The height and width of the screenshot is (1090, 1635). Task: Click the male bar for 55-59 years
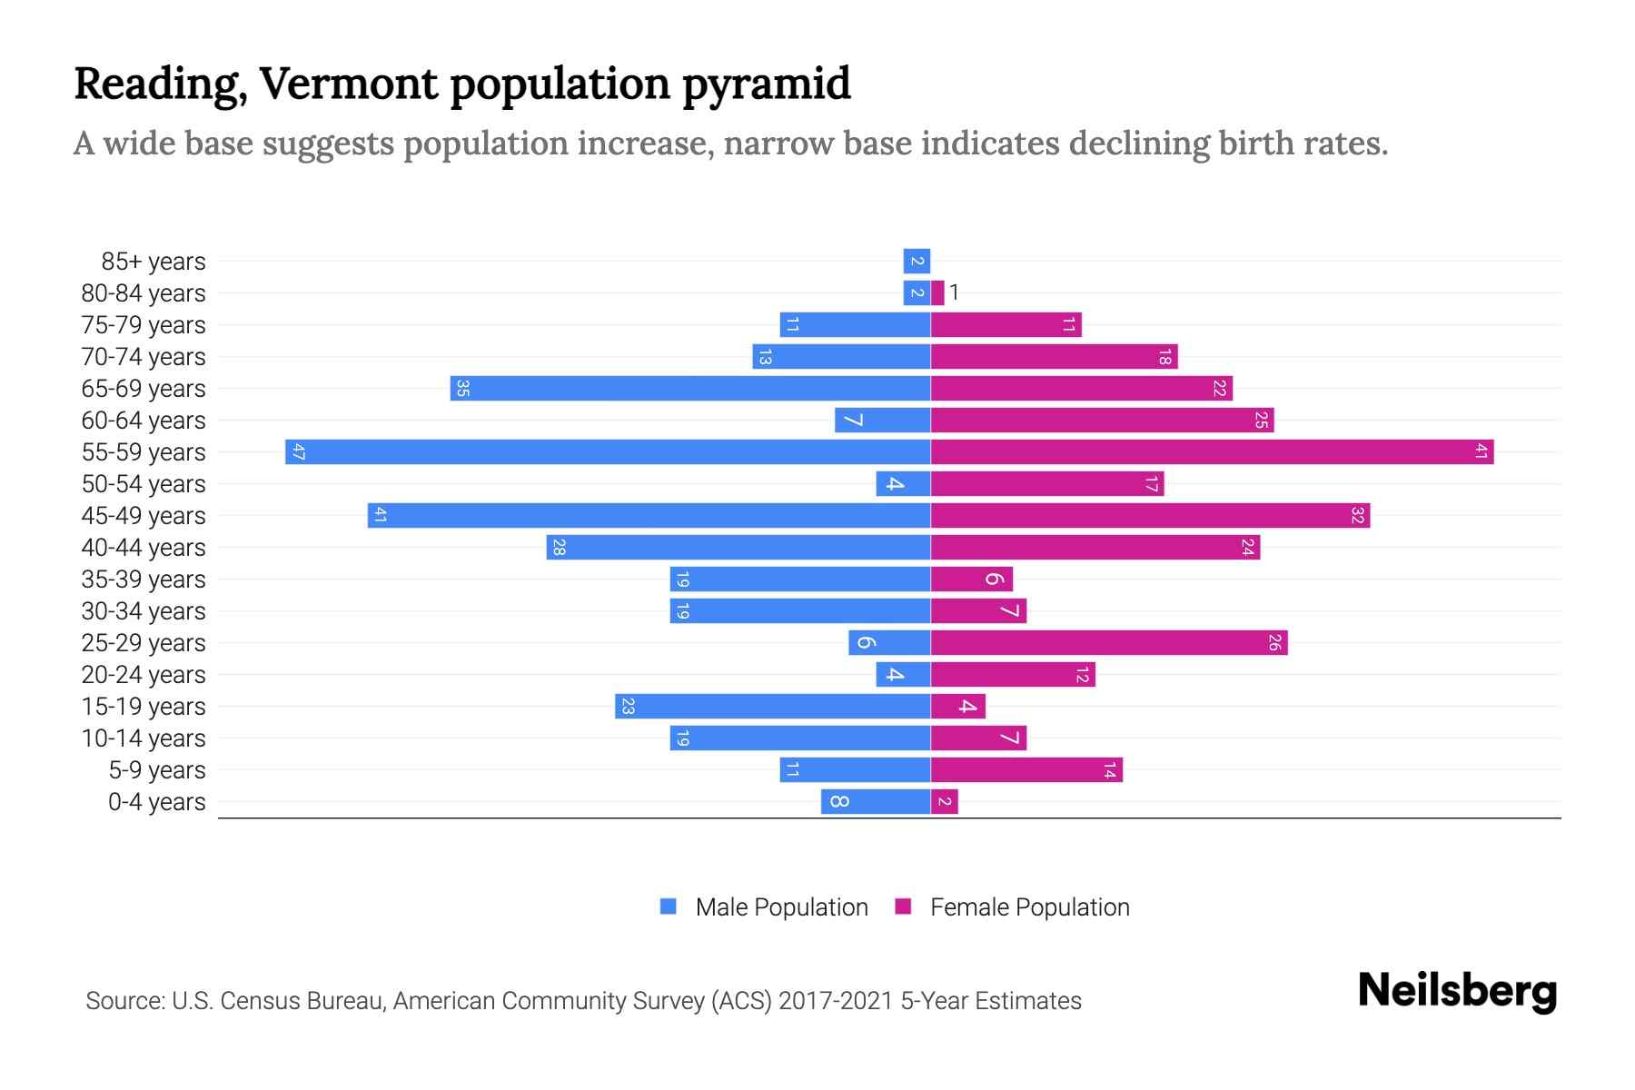point(608,451)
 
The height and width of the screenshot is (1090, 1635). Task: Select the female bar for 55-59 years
point(1212,451)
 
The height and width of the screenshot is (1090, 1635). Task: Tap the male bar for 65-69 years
point(690,388)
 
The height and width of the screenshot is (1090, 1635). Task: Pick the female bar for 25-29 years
point(1109,642)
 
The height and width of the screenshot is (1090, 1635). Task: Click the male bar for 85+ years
point(917,261)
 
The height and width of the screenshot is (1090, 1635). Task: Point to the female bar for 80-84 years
point(937,292)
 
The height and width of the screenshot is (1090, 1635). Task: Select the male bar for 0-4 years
point(876,801)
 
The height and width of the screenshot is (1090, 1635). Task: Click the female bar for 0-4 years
point(945,801)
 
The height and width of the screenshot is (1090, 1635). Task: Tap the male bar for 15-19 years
point(772,706)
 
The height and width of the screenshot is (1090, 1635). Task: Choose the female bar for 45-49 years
point(1150,515)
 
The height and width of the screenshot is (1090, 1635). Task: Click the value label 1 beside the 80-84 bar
point(955,292)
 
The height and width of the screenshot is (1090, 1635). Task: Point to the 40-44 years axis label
point(144,548)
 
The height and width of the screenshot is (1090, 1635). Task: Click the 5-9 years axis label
point(157,770)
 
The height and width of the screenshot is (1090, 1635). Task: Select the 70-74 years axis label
point(144,357)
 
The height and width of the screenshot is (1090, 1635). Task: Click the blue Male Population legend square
point(669,907)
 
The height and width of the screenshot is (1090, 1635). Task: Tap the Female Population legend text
point(1029,907)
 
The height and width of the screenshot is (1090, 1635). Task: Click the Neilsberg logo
point(1457,991)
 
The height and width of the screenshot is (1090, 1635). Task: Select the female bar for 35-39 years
point(971,579)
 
